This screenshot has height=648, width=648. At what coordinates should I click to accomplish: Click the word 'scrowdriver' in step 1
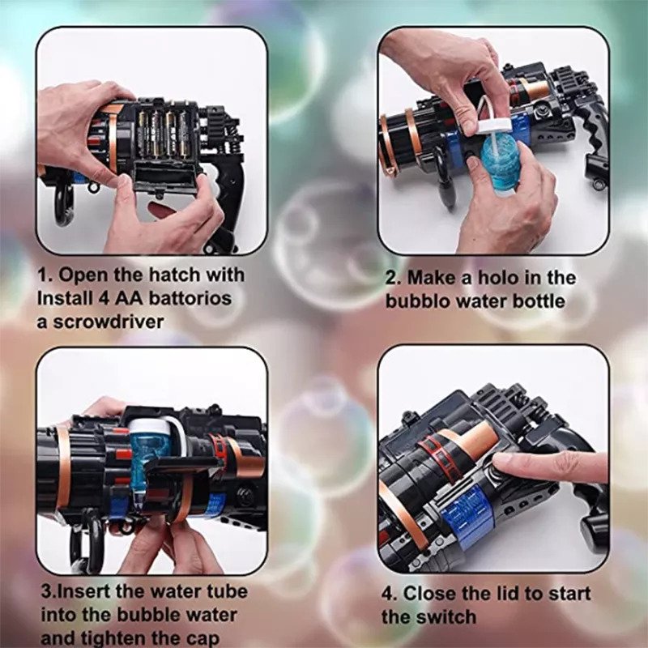click(x=109, y=322)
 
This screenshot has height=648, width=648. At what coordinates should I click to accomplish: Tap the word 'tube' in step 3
click(x=227, y=591)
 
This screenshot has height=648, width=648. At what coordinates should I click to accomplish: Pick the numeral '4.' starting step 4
click(x=389, y=594)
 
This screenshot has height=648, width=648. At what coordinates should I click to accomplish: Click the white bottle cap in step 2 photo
click(x=495, y=125)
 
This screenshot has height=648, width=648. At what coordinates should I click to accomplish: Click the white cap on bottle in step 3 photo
click(x=149, y=426)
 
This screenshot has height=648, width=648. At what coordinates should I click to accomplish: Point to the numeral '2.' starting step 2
click(x=393, y=278)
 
